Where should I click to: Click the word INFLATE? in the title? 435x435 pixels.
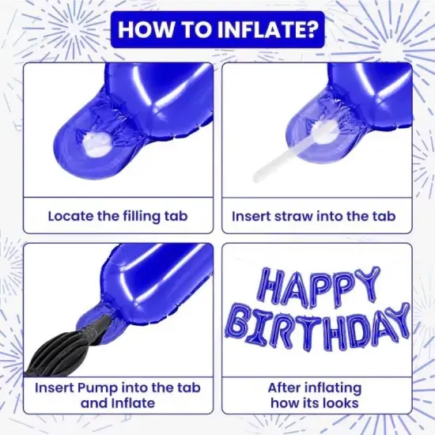click(x=267, y=29)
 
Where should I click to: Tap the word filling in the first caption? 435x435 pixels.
click(x=141, y=217)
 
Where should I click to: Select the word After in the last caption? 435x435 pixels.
click(x=282, y=388)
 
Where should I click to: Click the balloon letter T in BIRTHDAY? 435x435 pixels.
click(x=307, y=332)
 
